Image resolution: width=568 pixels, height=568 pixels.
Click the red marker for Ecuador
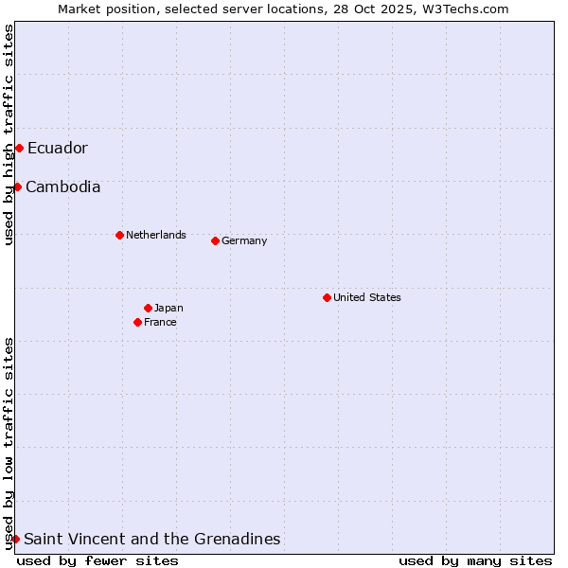coord(19,148)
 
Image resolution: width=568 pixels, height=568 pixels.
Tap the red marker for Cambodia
coord(17,186)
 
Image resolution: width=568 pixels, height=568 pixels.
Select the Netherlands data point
coord(119,235)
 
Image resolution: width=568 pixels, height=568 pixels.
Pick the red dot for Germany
coord(215,240)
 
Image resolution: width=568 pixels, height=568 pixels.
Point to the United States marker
coord(327,297)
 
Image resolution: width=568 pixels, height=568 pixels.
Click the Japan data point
coord(148,308)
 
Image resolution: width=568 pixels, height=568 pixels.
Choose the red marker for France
coord(137,322)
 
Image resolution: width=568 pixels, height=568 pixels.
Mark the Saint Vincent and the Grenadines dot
coord(15,539)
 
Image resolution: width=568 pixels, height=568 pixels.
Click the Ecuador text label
coord(58,148)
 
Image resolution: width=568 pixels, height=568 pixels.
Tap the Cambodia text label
coord(63,186)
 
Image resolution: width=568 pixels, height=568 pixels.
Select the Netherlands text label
coord(156,235)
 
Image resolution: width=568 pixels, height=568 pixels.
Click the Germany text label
coord(244,240)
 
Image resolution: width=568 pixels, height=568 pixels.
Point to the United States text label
coord(367,297)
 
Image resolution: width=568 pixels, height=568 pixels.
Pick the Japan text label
coord(169,308)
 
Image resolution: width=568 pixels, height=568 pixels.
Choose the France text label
coord(160,322)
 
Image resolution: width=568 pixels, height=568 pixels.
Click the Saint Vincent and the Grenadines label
coord(152,539)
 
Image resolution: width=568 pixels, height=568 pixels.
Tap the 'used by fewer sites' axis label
coord(98,560)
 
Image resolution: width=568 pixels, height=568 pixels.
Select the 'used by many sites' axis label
coord(475,560)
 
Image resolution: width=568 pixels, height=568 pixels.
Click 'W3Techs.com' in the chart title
coord(465,9)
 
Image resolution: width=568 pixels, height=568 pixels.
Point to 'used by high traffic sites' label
coord(9,134)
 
